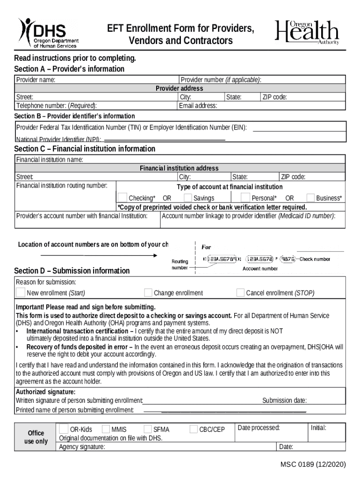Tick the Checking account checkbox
122,197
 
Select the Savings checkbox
188,197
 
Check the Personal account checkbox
245,197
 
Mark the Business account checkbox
310,197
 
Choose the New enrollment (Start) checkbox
21,293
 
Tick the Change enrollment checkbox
148,293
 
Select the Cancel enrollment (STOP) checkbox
240,293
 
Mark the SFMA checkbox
147,429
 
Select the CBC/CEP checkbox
194,429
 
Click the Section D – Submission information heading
72,271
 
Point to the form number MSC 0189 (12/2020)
313,464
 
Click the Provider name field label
36,80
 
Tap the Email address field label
198,106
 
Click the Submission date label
284,400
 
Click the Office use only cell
36,437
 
